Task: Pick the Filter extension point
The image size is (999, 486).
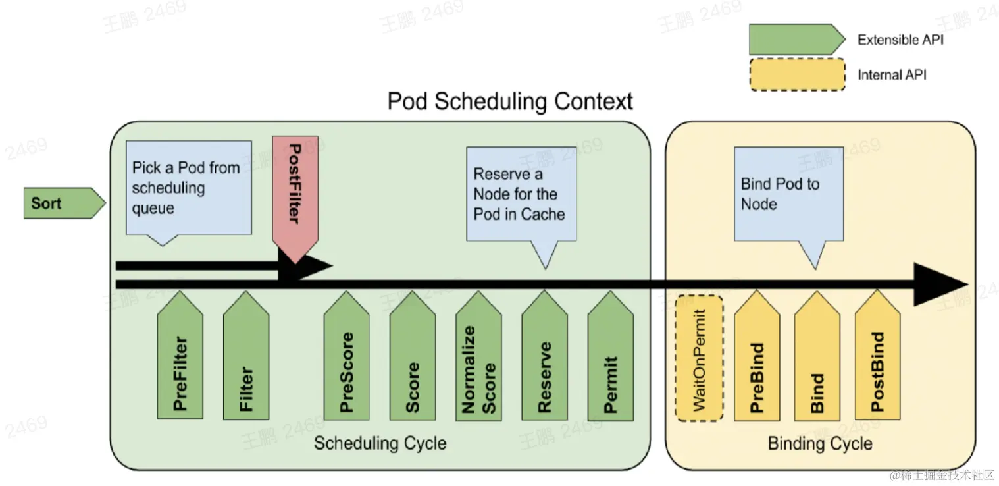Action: (x=245, y=362)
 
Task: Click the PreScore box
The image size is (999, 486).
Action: (x=346, y=362)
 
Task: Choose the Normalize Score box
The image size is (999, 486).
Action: (x=478, y=362)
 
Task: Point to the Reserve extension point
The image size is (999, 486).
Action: (x=544, y=362)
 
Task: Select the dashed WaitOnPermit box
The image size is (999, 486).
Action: (x=700, y=359)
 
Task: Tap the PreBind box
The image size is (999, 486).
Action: (x=757, y=362)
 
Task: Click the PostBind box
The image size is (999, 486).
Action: (x=877, y=362)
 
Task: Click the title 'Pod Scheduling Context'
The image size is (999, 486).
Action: (x=510, y=102)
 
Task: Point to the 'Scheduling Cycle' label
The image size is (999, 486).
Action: (x=380, y=443)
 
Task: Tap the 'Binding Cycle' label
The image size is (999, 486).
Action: (x=820, y=443)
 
